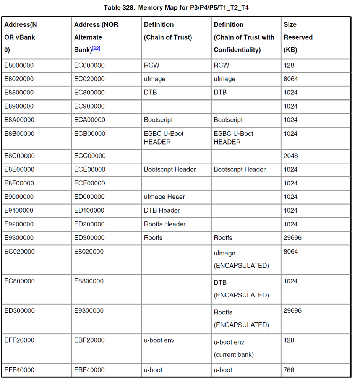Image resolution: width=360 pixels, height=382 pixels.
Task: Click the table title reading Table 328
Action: point(176,7)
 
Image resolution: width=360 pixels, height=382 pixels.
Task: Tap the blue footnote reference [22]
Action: point(96,49)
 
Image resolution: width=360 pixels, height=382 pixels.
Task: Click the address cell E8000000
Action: point(19,65)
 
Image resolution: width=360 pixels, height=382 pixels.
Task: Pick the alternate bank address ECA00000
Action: point(89,120)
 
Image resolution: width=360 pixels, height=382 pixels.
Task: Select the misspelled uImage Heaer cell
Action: point(164,197)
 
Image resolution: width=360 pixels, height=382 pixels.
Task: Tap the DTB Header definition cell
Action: point(162,210)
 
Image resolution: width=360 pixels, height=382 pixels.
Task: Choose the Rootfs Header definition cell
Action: point(165,224)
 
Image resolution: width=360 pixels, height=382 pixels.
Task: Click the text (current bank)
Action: point(234,354)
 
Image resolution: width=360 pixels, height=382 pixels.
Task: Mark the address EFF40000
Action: point(19,370)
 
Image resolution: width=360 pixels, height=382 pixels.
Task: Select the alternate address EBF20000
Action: point(89,340)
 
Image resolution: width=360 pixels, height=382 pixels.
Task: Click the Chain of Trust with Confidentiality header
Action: point(244,37)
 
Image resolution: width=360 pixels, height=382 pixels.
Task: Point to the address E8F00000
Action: point(19,183)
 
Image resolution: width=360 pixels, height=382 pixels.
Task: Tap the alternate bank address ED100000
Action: point(89,210)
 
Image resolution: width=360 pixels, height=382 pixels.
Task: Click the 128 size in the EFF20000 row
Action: point(289,340)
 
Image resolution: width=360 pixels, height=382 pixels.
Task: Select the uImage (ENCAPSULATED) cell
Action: point(241,259)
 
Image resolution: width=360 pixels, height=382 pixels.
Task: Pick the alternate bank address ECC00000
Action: point(89,156)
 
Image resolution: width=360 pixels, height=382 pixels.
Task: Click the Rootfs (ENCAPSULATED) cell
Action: point(241,319)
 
